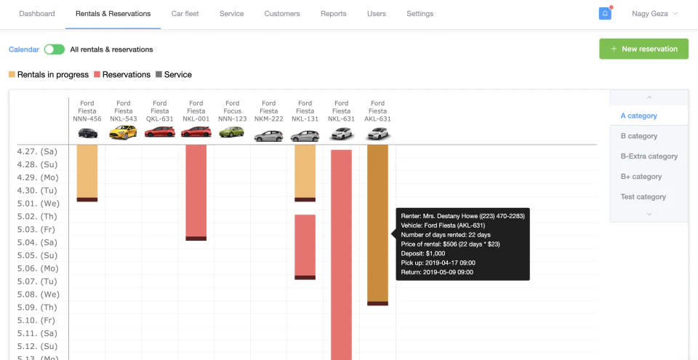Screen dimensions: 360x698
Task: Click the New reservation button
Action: pos(643,49)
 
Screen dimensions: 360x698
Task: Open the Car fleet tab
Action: pos(185,14)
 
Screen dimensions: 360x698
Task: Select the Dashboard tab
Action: pos(36,14)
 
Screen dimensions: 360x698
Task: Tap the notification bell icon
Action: pos(605,14)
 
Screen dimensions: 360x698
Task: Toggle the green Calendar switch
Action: pos(54,49)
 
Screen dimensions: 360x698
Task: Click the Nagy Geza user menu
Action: pos(654,14)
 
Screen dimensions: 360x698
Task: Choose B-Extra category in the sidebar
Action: pos(649,156)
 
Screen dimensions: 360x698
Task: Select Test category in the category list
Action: pos(643,197)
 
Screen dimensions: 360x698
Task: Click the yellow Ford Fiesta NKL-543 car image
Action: pos(123,133)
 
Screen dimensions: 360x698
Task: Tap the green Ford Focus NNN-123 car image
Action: pos(232,133)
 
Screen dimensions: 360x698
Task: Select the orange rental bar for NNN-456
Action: pos(87,171)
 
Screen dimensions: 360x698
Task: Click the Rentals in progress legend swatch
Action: pos(12,75)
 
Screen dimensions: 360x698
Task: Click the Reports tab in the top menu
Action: pos(333,14)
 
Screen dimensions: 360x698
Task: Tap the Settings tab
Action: pos(420,14)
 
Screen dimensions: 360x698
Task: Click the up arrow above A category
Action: pos(649,97)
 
